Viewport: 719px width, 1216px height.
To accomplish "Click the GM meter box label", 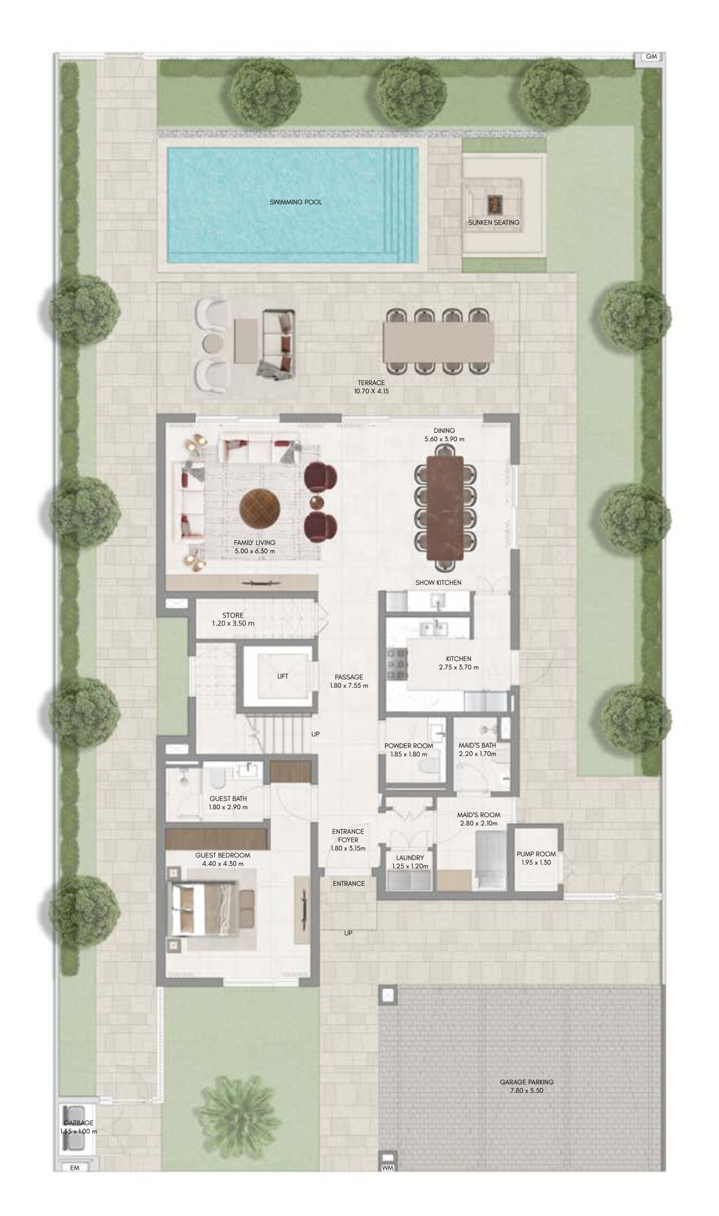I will point(651,57).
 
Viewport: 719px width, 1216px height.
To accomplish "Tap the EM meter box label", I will point(74,1168).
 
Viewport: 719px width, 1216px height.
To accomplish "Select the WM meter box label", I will point(388,1168).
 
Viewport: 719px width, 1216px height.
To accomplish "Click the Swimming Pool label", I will point(295,202).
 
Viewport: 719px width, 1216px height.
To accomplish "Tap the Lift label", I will point(283,676).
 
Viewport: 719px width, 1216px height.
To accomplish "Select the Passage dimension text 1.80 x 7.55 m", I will point(349,686).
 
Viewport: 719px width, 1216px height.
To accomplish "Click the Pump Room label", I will point(536,854).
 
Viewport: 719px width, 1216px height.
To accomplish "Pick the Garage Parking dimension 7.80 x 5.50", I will point(526,1090).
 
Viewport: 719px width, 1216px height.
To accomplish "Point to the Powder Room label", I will point(409,746).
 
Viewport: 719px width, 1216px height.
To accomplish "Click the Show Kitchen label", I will point(438,582).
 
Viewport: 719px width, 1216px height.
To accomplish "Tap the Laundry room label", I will point(410,857).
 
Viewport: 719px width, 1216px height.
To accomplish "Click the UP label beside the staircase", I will point(315,734).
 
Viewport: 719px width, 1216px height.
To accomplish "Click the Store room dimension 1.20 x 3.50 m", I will point(233,624).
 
